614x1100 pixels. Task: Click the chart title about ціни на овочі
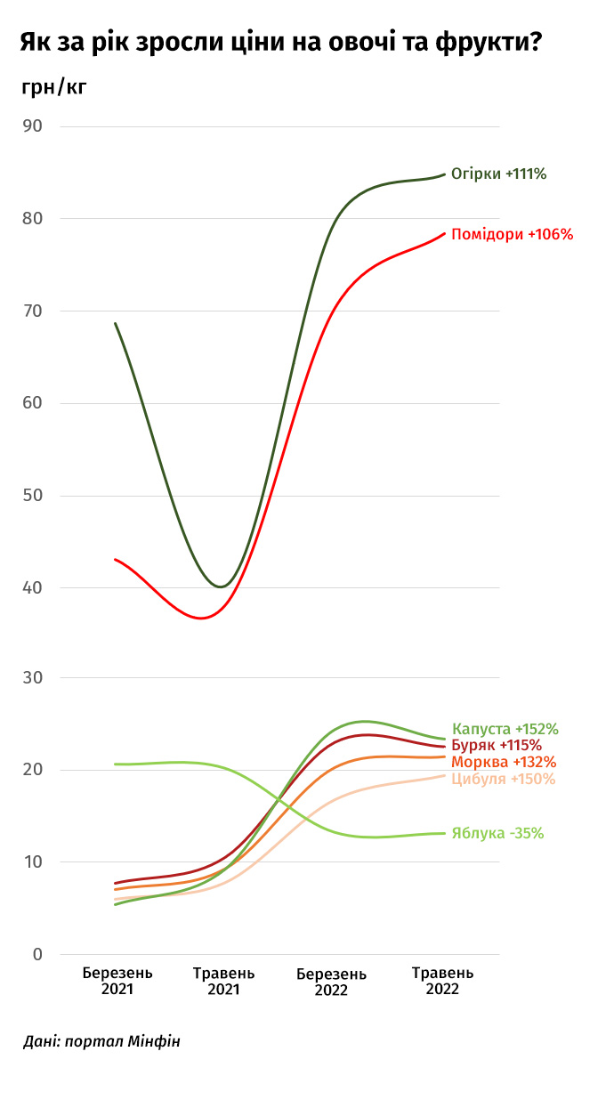click(x=281, y=43)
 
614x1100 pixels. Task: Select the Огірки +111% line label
click(x=498, y=174)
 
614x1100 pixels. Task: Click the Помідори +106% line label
click(x=513, y=235)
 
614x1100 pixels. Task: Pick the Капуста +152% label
click(x=505, y=729)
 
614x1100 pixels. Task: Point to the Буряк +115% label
click(x=497, y=745)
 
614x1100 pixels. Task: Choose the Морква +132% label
click(x=504, y=762)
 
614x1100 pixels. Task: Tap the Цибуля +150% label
click(x=504, y=779)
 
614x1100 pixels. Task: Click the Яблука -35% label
click(x=497, y=834)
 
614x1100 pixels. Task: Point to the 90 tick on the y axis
click(x=32, y=125)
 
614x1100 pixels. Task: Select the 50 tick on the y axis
click(x=32, y=495)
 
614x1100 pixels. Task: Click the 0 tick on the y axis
click(x=37, y=955)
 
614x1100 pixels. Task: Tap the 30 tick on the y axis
click(x=32, y=678)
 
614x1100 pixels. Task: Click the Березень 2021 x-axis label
click(x=117, y=981)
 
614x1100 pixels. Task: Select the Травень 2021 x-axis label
click(x=223, y=981)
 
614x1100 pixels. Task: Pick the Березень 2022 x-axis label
click(x=331, y=981)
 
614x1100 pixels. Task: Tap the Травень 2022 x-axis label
click(x=442, y=981)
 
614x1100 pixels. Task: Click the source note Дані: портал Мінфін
click(x=101, y=1041)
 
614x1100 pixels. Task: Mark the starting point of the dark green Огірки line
click(x=116, y=323)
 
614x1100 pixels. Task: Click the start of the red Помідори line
click(x=116, y=559)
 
